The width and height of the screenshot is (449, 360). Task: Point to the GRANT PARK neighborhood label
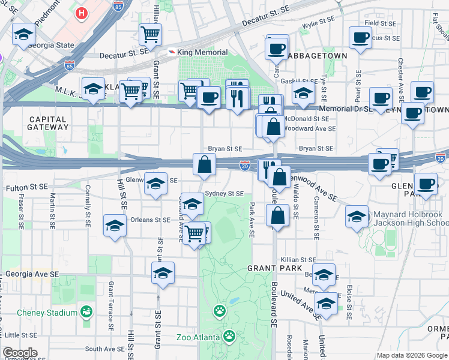click(x=270, y=268)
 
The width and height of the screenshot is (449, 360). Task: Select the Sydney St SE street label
click(x=224, y=194)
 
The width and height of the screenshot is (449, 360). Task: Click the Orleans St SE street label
click(x=150, y=220)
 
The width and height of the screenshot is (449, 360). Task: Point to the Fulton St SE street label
click(x=26, y=187)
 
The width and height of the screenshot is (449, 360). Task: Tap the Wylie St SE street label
click(x=318, y=25)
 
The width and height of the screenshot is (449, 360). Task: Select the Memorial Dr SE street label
click(x=345, y=109)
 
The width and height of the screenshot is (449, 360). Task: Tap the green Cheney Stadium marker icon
click(x=87, y=312)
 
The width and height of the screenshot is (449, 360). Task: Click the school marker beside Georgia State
click(x=23, y=34)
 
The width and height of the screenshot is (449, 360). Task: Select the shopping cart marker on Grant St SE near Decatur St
click(x=150, y=34)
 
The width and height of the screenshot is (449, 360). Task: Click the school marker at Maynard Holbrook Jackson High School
click(x=357, y=216)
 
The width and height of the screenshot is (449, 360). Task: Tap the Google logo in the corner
click(x=20, y=353)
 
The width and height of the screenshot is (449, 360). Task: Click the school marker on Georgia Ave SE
click(x=163, y=273)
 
